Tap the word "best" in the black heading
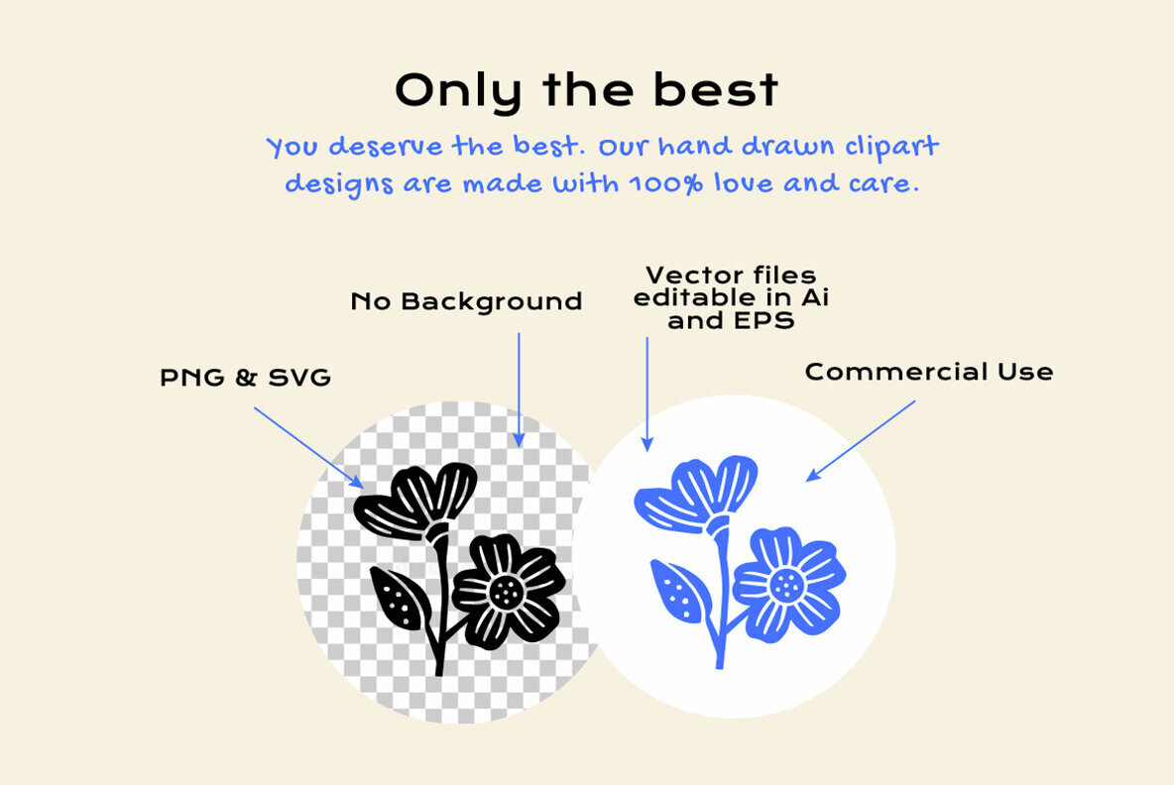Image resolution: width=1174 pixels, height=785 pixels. point(715,91)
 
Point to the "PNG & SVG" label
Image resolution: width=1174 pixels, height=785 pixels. point(245,378)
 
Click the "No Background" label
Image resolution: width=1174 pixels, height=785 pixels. point(466,301)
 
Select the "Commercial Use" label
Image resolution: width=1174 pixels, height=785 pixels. point(928,372)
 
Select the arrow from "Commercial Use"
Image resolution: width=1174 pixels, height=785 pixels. point(860,440)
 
